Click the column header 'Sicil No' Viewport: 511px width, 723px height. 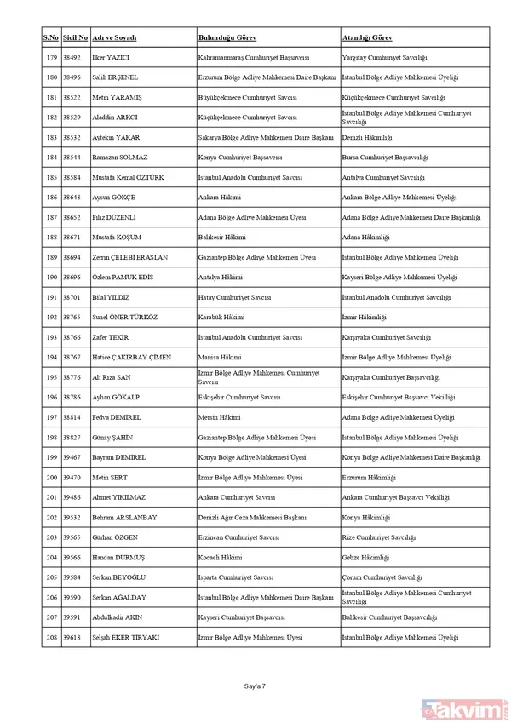78,38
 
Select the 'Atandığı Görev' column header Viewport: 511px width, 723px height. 369,38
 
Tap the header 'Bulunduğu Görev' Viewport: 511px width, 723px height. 227,38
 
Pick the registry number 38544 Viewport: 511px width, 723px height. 78,158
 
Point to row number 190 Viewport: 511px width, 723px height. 51,277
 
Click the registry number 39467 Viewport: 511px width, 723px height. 78,457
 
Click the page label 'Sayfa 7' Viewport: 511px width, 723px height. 255,684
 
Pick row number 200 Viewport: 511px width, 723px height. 51,477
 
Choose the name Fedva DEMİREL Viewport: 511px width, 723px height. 117,417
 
